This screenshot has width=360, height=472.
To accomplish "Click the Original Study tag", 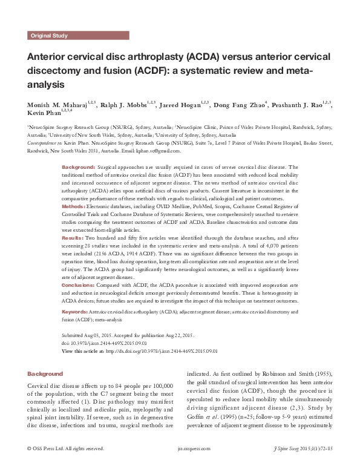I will (49, 36).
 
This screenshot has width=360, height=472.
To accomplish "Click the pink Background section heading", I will (45, 374).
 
